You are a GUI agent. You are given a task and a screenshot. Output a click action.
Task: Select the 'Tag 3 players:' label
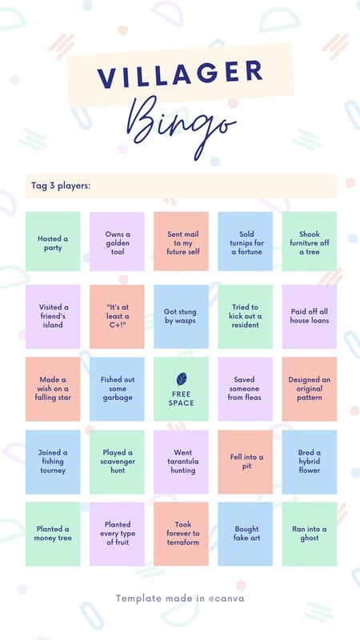click(x=61, y=186)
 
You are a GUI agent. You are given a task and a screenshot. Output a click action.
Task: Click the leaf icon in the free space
click(x=182, y=379)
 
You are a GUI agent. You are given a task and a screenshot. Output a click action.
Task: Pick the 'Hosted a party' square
click(x=53, y=242)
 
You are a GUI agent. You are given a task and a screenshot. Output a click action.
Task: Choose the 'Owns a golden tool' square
click(x=117, y=242)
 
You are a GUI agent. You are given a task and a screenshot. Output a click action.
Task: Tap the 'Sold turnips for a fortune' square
click(x=246, y=242)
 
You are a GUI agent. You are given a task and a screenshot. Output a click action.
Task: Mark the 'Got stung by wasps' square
click(x=182, y=317)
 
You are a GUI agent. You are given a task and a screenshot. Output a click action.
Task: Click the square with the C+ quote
click(x=117, y=317)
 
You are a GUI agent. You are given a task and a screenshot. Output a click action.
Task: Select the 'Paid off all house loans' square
click(x=310, y=317)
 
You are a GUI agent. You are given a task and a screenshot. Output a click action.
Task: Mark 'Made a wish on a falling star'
click(x=53, y=389)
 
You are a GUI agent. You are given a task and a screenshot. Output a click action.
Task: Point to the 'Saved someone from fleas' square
click(x=246, y=389)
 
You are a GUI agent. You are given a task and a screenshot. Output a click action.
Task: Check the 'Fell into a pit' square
click(x=246, y=462)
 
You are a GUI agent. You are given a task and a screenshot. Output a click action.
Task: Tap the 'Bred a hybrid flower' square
click(x=310, y=462)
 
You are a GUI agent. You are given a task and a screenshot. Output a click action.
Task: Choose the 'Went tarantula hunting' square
click(x=182, y=462)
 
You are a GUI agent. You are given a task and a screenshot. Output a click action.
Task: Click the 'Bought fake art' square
click(x=246, y=534)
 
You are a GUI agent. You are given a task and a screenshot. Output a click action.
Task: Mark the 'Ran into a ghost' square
click(x=310, y=534)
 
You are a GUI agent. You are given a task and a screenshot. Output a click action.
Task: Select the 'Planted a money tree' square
click(x=53, y=534)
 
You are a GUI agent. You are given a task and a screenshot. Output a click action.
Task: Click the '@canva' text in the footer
click(x=226, y=598)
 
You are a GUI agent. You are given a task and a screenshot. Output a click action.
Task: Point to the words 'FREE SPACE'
click(x=182, y=398)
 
